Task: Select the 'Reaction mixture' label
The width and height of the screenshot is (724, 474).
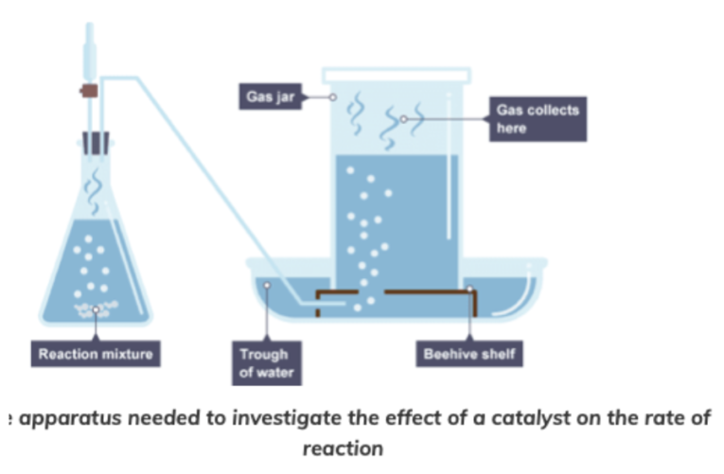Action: click(x=94, y=355)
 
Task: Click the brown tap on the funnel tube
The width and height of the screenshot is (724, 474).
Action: click(x=90, y=91)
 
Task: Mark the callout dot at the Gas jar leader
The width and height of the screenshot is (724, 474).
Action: click(x=333, y=97)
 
